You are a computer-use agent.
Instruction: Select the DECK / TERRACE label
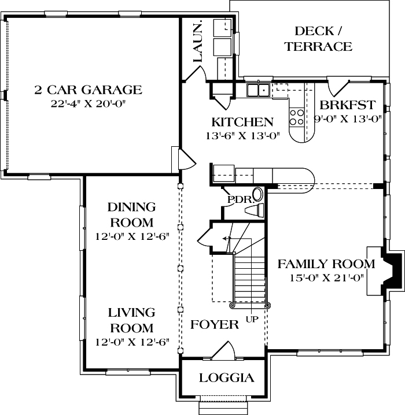pos(318,39)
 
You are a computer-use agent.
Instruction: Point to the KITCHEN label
pos(242,122)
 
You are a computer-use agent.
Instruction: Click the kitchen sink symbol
pos(257,90)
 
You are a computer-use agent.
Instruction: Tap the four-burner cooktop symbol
pos(297,117)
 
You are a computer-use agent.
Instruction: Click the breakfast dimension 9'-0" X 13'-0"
pos(348,120)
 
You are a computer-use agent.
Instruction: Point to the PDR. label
pos(238,199)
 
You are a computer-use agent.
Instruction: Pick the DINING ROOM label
pos(132,214)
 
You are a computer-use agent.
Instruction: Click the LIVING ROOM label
pos(132,320)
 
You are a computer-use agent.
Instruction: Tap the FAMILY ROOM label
pos(326,264)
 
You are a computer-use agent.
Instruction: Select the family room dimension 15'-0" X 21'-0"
pos(326,279)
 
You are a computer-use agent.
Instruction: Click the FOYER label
pos(215,325)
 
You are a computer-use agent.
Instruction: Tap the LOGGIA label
pos(226,378)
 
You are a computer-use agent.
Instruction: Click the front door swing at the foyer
pos(223,350)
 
